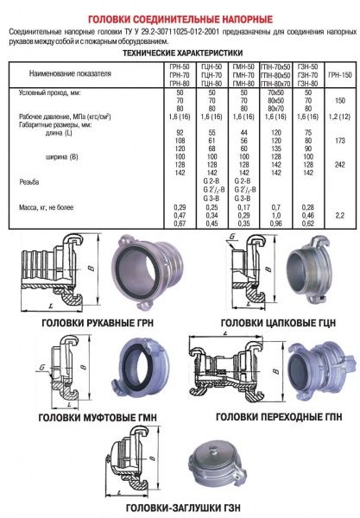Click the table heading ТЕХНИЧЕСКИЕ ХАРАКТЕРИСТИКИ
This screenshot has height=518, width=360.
pyautogui.click(x=180, y=53)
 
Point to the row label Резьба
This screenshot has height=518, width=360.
pyautogui.click(x=28, y=182)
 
